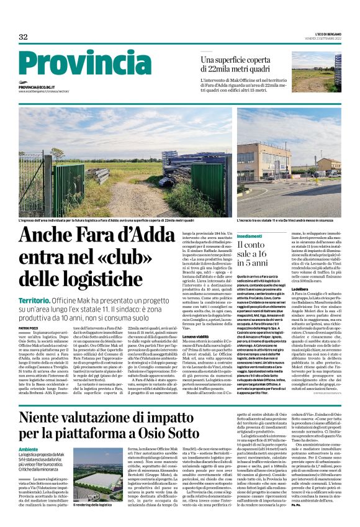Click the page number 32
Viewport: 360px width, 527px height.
(23, 37)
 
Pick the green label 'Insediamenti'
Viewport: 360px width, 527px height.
(232, 237)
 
